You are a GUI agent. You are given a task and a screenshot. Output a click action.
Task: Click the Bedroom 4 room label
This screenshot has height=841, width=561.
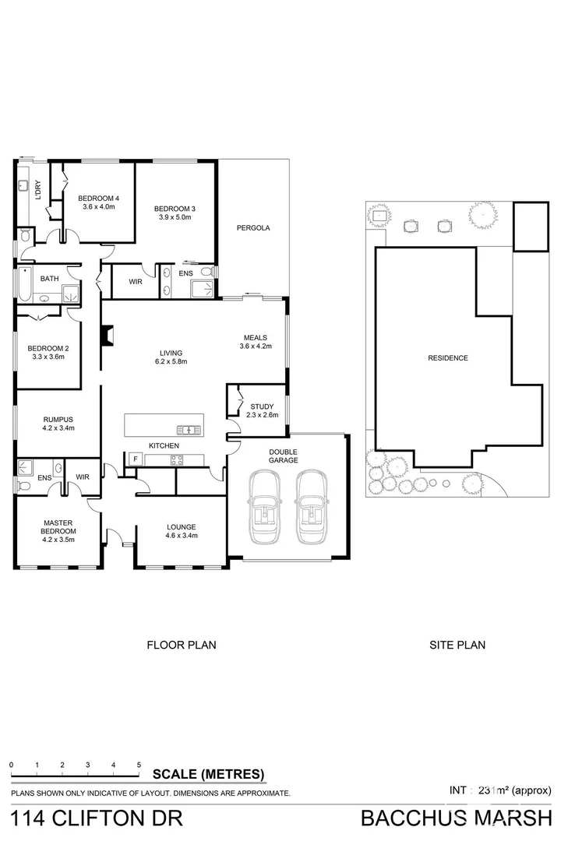click(x=97, y=197)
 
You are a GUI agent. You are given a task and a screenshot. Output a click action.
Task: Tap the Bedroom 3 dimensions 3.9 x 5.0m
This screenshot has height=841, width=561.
click(x=174, y=217)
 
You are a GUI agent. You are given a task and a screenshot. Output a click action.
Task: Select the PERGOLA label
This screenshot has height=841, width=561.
click(x=253, y=228)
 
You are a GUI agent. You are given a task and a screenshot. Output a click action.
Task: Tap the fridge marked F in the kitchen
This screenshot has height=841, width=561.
click(x=135, y=459)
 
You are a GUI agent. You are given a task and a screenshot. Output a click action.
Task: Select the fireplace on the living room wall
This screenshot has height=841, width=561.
click(x=108, y=335)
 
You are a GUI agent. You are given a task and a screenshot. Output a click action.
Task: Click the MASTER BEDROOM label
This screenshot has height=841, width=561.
click(x=58, y=526)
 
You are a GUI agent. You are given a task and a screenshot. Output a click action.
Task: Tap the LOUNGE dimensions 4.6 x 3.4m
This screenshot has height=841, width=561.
click(x=182, y=535)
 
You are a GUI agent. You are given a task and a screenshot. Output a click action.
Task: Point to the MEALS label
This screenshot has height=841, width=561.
click(x=254, y=337)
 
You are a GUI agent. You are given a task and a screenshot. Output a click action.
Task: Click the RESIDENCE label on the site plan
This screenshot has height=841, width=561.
click(x=447, y=358)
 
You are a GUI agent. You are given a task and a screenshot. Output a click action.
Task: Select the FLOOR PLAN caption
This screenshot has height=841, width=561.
click(x=182, y=645)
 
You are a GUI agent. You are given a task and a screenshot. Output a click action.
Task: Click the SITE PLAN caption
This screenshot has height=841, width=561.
click(x=457, y=645)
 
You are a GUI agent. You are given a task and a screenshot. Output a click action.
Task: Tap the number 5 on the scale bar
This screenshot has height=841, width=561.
click(x=139, y=765)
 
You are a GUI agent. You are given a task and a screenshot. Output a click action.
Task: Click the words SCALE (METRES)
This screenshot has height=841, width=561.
click(x=208, y=775)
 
